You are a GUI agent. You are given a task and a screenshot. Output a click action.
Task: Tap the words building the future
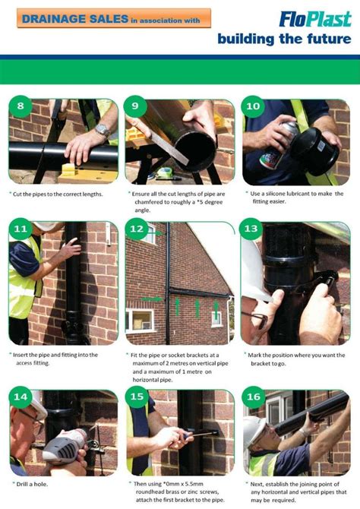click(283, 39)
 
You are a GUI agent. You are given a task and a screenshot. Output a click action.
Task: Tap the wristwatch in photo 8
click(101, 130)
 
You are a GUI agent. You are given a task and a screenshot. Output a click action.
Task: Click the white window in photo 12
click(140, 319)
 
